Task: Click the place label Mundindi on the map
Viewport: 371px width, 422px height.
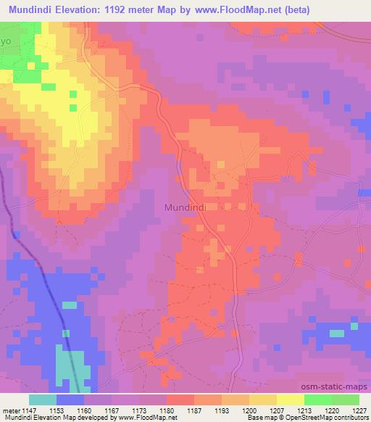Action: coord(186,207)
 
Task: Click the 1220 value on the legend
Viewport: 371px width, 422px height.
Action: coord(332,410)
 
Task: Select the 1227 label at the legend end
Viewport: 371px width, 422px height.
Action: coord(359,410)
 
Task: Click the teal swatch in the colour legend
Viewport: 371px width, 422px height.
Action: coord(43,400)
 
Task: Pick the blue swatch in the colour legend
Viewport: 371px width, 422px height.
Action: coord(70,400)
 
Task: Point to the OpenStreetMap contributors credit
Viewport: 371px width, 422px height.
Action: coord(327,418)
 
